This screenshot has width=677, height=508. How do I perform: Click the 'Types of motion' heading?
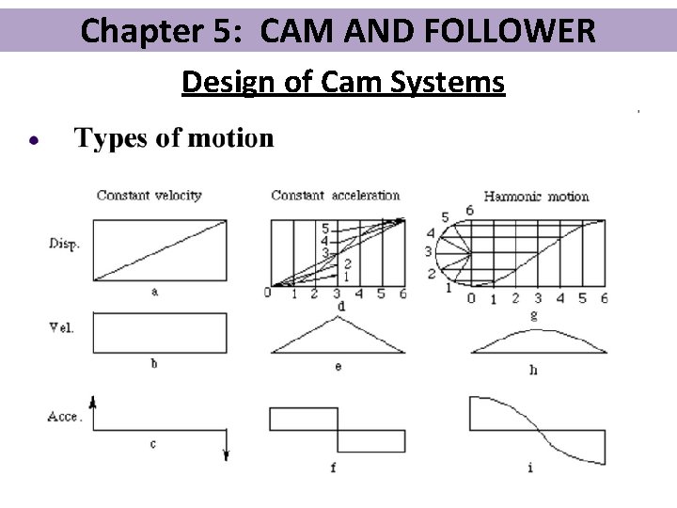point(174,138)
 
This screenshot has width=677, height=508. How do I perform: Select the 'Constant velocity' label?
point(149,196)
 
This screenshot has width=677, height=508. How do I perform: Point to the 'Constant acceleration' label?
point(335,196)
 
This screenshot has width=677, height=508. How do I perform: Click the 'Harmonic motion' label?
point(536,197)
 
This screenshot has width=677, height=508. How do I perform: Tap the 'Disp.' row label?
point(64,244)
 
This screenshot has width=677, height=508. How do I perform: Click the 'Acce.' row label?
point(65,415)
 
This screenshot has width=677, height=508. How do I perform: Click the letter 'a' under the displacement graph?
point(154,292)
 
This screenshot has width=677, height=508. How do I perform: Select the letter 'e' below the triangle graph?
point(338,366)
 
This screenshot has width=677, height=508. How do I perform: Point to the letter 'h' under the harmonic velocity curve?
point(533,370)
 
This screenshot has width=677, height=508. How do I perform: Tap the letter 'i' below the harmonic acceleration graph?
point(530,468)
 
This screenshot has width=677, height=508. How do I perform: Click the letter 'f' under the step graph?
point(333,467)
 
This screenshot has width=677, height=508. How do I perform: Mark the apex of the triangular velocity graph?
point(338,317)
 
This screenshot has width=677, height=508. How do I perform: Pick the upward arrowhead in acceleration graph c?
point(94,401)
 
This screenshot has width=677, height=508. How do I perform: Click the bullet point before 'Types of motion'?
point(33,140)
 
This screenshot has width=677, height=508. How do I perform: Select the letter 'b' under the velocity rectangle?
point(154,364)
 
